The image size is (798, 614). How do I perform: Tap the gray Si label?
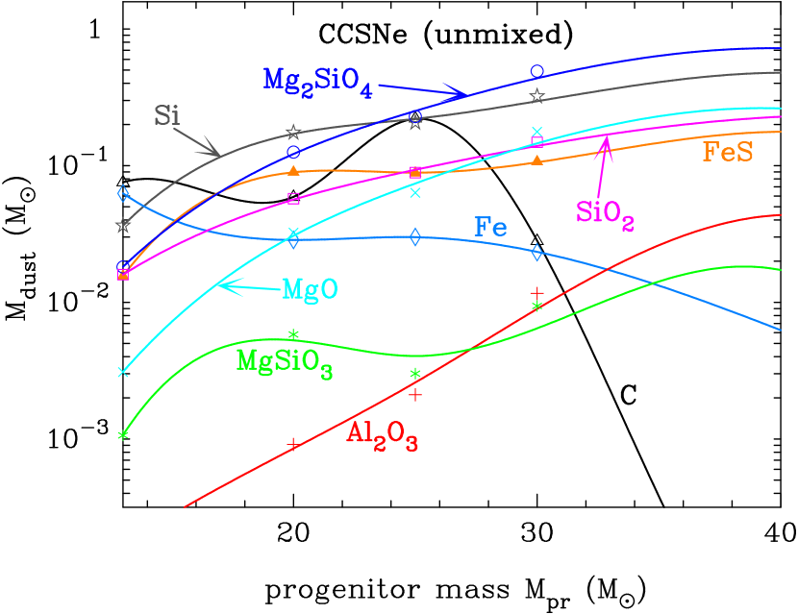click(167, 117)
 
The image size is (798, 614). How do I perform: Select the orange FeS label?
click(728, 152)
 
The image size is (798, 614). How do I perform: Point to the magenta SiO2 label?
click(605, 213)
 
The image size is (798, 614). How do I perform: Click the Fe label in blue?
click(490, 228)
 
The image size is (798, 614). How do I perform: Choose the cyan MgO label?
click(310, 290)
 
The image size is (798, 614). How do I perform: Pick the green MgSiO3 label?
click(285, 363)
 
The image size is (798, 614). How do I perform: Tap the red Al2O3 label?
click(382, 436)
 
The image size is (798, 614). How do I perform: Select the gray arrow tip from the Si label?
click(217, 154)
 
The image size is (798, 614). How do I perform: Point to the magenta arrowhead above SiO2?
click(606, 141)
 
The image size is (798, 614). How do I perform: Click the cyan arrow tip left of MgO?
click(219, 284)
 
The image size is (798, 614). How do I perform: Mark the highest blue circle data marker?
click(537, 71)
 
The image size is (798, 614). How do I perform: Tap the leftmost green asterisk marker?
click(122, 435)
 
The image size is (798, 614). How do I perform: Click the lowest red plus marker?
click(292, 443)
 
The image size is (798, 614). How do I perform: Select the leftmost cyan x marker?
click(122, 372)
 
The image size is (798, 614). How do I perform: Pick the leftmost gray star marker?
click(122, 226)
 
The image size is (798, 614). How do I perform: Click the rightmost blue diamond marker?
click(537, 253)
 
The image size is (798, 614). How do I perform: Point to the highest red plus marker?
click(537, 292)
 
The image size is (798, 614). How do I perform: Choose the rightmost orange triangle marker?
click(537, 160)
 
